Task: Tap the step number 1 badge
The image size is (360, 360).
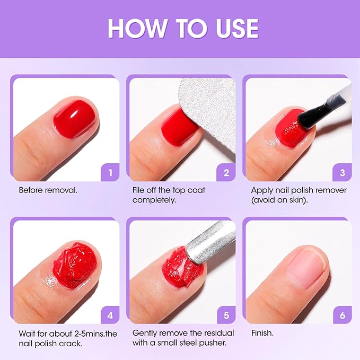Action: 110,172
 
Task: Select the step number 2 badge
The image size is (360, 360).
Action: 226,172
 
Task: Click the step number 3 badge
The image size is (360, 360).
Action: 342,172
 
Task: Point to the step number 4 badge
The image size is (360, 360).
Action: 110,315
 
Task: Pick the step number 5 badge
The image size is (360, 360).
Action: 226,315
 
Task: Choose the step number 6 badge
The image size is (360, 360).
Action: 342,315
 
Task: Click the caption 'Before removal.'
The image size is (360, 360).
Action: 48,190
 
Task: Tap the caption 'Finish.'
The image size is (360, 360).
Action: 263,333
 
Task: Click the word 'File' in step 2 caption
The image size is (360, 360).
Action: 139,190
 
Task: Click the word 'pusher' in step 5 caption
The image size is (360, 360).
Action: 214,343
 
